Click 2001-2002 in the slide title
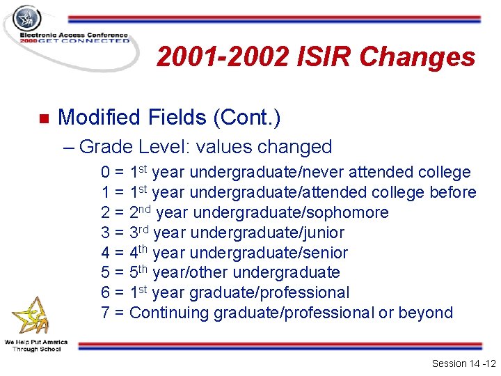(x=221, y=57)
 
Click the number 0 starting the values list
(x=106, y=173)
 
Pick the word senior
(x=324, y=253)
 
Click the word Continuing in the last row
(x=169, y=313)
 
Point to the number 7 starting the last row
(x=106, y=313)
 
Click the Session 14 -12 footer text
(x=462, y=363)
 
